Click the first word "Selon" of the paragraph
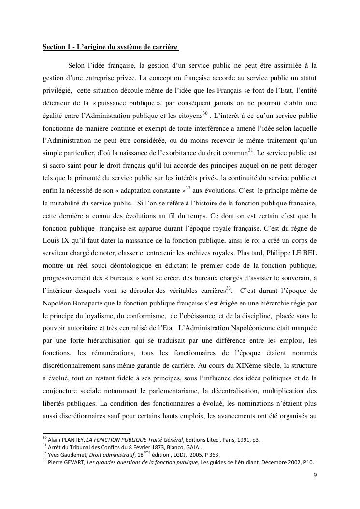pos(77,65)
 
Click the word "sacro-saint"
pos(65,165)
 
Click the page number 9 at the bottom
pos(315,476)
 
